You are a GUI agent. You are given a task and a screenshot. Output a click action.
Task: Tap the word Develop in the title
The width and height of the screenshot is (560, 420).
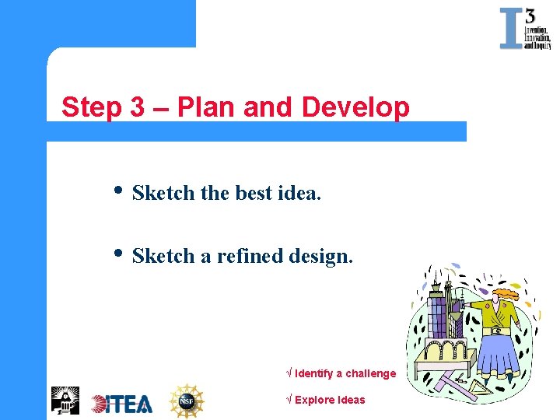coord(355,107)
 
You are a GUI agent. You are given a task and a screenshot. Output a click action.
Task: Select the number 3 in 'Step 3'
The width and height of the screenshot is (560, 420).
coord(137,107)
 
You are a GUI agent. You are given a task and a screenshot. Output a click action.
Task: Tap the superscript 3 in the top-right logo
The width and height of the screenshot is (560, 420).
coord(530,16)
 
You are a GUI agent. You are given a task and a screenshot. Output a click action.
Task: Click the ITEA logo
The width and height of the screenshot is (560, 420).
coord(122,403)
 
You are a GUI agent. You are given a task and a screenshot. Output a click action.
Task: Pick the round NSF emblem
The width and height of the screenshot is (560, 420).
coord(187,401)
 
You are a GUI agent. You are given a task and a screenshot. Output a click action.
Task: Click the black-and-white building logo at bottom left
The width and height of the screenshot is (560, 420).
coord(65,401)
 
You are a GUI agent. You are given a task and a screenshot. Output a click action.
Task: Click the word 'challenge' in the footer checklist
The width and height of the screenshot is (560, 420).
coord(370,373)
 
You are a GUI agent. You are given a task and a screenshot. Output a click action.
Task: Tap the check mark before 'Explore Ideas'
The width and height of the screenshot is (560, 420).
coord(290,400)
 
